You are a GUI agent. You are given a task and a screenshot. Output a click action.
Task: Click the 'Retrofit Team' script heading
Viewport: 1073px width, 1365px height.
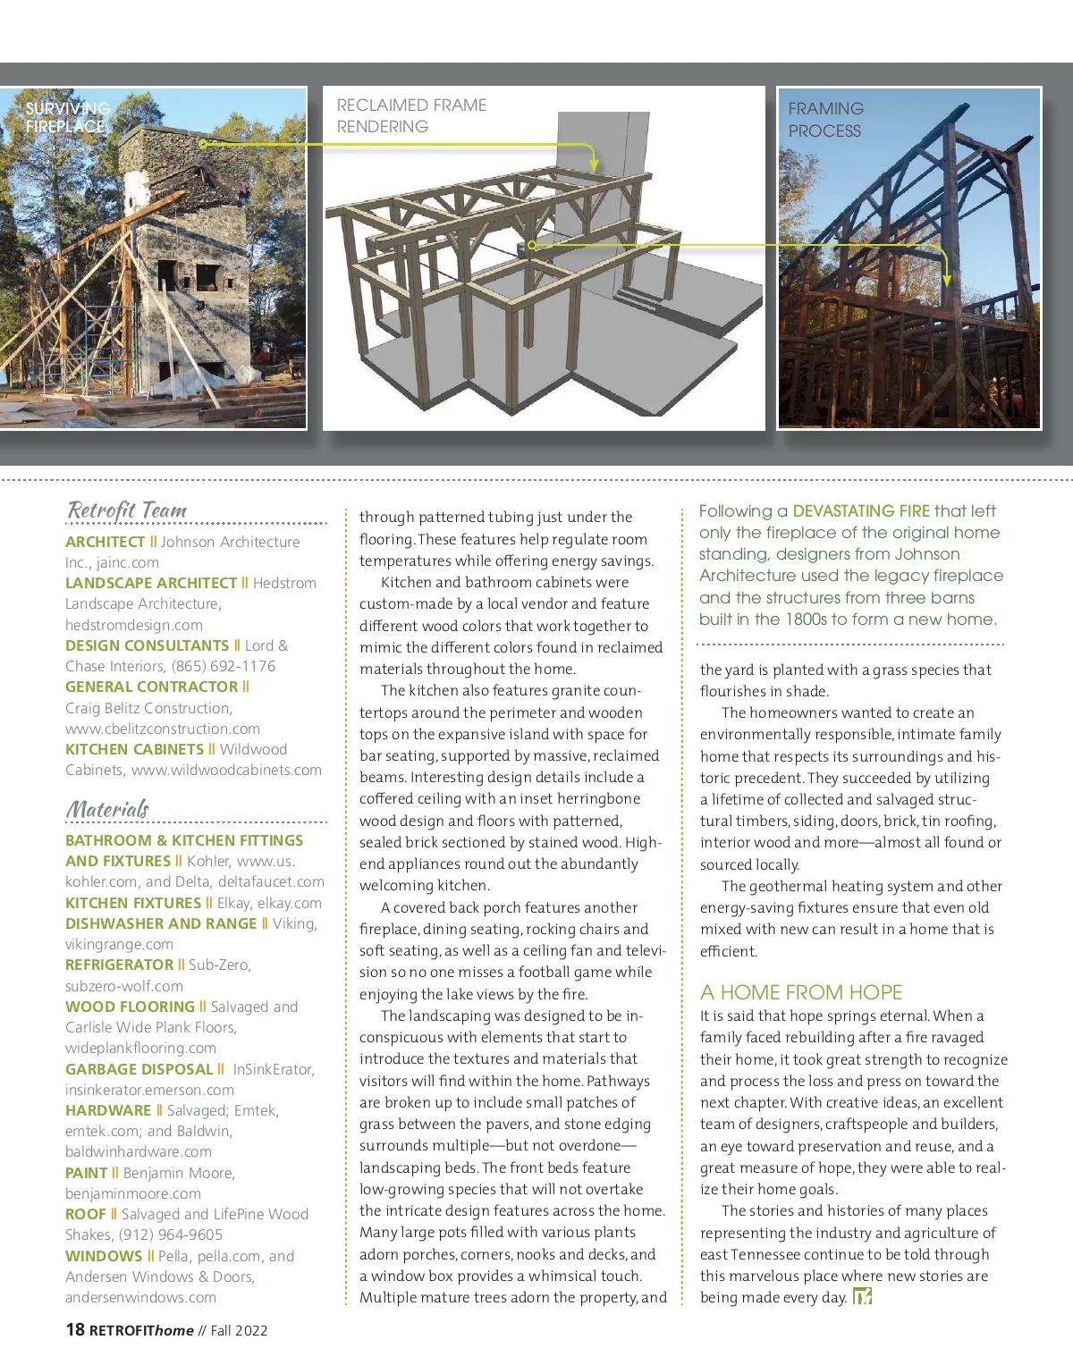point(127,510)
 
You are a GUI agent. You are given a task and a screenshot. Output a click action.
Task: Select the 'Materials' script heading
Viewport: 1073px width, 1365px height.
point(107,809)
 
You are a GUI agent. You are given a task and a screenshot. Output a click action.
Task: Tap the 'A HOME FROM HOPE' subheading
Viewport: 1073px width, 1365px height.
point(801,992)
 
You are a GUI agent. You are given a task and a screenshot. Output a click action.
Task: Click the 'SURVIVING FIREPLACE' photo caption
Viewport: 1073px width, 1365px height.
point(67,117)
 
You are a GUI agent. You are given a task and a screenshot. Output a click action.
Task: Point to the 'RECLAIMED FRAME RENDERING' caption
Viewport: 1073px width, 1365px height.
point(411,116)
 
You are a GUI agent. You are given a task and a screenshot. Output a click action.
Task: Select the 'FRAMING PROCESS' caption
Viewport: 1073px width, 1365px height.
point(825,120)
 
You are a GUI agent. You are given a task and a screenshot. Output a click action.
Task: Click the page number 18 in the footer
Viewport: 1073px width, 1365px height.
point(75,1329)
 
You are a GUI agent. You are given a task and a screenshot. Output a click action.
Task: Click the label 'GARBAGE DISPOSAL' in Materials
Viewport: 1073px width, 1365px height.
point(139,1069)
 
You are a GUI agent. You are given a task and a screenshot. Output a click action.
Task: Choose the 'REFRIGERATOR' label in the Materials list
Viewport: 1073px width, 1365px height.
point(120,965)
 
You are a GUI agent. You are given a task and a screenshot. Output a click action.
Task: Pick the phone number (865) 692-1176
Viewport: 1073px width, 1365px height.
point(224,666)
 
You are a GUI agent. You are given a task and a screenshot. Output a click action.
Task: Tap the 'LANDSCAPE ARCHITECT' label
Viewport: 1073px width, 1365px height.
point(151,583)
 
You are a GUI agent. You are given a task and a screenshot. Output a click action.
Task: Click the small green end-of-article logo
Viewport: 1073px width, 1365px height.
point(862,1297)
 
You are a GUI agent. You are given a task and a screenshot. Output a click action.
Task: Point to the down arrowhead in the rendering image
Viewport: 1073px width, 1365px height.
point(594,166)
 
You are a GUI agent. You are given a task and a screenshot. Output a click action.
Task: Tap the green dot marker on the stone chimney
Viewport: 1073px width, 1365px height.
point(202,143)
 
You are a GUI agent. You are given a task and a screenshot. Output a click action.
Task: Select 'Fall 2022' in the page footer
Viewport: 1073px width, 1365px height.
point(239,1330)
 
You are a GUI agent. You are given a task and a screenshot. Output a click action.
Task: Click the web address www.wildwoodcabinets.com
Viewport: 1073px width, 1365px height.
point(226,770)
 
